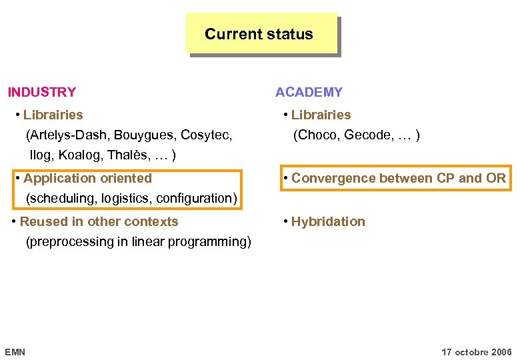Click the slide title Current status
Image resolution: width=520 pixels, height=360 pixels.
259,34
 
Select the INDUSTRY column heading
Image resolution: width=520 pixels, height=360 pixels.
41,92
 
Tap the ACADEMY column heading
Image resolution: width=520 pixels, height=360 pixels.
309,92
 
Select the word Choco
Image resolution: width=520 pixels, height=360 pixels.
318,135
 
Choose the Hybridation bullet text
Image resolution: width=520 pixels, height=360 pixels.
328,221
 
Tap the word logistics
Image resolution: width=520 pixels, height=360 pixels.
126,198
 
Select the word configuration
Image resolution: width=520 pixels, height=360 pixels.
195,198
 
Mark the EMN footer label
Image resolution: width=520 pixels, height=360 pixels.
15,351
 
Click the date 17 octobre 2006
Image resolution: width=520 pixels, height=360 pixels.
477,351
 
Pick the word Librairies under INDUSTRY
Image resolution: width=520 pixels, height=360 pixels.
53,115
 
